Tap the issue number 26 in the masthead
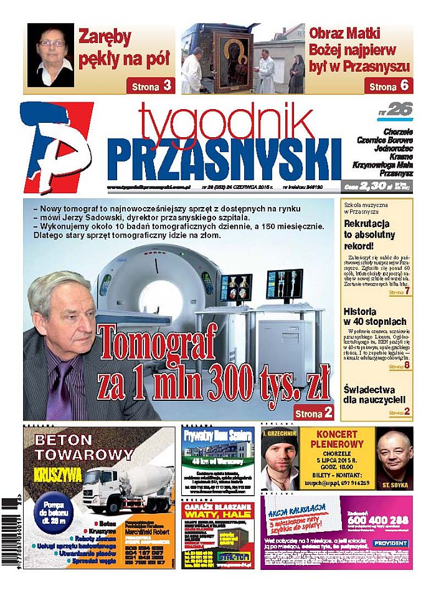click(x=399, y=110)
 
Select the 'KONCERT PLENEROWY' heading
click(x=344, y=440)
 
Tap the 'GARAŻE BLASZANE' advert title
click(x=218, y=511)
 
